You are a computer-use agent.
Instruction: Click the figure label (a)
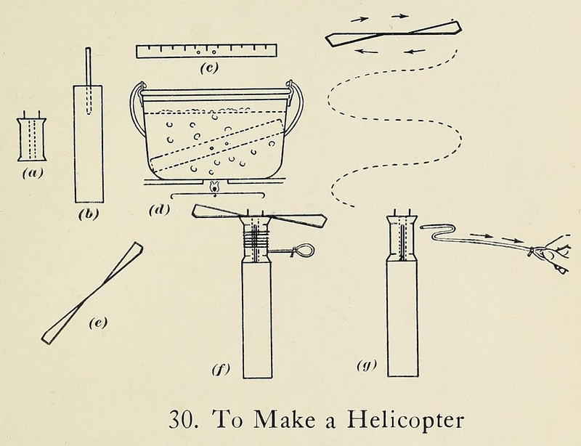(33, 173)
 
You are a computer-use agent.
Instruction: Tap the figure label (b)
(89, 214)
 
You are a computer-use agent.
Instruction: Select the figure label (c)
(208, 68)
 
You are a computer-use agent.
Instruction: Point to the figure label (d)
(159, 210)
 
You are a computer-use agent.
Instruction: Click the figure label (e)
(98, 323)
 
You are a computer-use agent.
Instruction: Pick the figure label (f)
(221, 370)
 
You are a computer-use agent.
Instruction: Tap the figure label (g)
(367, 365)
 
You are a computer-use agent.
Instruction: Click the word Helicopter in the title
(405, 421)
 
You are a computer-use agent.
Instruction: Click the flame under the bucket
(214, 187)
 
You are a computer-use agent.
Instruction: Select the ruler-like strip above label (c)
(207, 51)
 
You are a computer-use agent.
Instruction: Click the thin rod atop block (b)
(88, 81)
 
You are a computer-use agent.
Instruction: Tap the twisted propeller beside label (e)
(93, 293)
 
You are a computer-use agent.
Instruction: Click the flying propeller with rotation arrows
(393, 33)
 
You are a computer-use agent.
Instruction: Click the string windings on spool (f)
(256, 239)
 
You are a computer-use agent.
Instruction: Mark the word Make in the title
(285, 419)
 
